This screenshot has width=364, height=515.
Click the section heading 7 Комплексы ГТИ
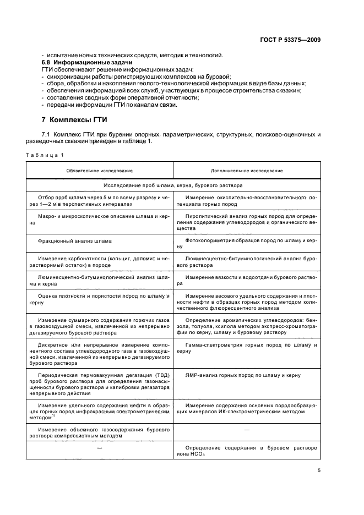coord(74,119)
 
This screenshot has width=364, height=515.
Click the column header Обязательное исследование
coord(100,171)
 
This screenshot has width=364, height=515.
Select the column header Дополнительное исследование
coord(247,171)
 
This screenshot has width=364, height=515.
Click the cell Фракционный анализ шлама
coord(74,240)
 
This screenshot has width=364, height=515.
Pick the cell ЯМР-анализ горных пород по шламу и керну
coord(243,375)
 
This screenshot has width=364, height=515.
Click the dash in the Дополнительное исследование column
coord(246,429)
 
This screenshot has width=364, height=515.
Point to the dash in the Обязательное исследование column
coord(100,448)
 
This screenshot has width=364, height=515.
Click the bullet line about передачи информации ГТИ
coord(110,105)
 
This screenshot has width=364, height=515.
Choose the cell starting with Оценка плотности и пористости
coord(101,300)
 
